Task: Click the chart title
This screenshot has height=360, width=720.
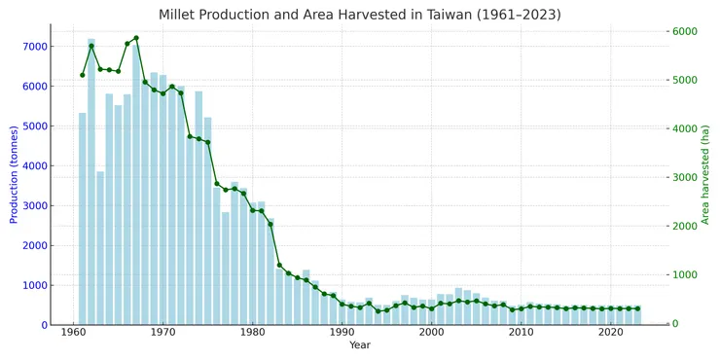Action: (359, 15)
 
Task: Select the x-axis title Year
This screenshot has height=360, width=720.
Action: (359, 345)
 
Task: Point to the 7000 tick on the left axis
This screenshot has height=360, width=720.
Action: (33, 47)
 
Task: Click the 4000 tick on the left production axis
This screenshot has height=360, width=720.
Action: (33, 166)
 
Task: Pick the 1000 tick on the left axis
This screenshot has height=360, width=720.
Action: (33, 285)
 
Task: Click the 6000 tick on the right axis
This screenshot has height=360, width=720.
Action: (685, 31)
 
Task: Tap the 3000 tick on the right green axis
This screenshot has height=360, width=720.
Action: (685, 178)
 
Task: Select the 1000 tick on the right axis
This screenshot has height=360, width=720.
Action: (685, 275)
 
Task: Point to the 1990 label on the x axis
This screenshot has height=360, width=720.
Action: (342, 333)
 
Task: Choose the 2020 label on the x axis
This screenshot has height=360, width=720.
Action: (610, 333)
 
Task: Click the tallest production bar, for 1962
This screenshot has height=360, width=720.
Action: (91, 185)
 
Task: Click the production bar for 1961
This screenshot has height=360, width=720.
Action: (83, 220)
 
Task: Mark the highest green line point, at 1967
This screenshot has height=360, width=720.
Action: (136, 38)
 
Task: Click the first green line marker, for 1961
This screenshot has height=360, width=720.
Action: (83, 75)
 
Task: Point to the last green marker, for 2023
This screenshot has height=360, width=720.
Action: (637, 308)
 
